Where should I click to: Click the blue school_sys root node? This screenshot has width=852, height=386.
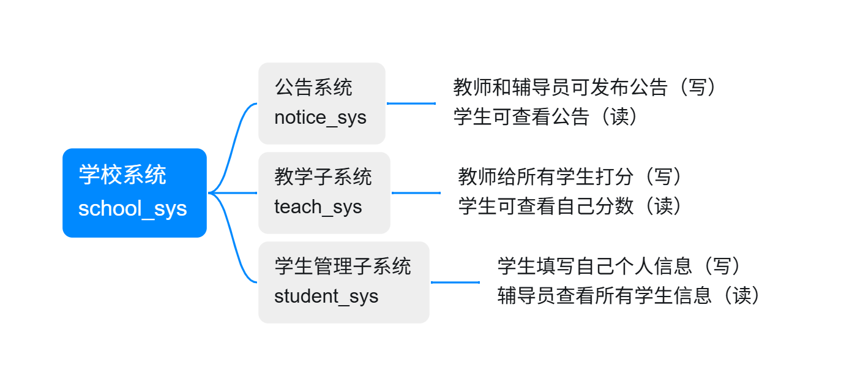(135, 193)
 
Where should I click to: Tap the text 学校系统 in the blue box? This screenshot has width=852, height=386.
(122, 175)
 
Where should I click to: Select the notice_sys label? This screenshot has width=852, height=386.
(320, 118)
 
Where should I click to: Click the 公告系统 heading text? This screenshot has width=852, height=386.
(313, 87)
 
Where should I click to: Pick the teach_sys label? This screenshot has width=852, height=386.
(318, 207)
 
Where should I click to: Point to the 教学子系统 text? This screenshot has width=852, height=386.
(323, 176)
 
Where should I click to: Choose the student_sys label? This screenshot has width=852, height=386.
(326, 297)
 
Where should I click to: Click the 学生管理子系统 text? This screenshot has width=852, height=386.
(343, 266)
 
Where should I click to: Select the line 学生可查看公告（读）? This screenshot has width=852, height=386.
(545, 116)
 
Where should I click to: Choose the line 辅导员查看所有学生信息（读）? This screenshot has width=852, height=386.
(629, 295)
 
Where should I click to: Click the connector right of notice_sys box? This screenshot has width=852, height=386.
(411, 103)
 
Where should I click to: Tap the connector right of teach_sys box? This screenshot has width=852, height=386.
(416, 193)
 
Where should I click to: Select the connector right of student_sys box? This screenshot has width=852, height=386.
(455, 282)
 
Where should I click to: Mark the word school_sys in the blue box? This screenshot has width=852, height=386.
(132, 208)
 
